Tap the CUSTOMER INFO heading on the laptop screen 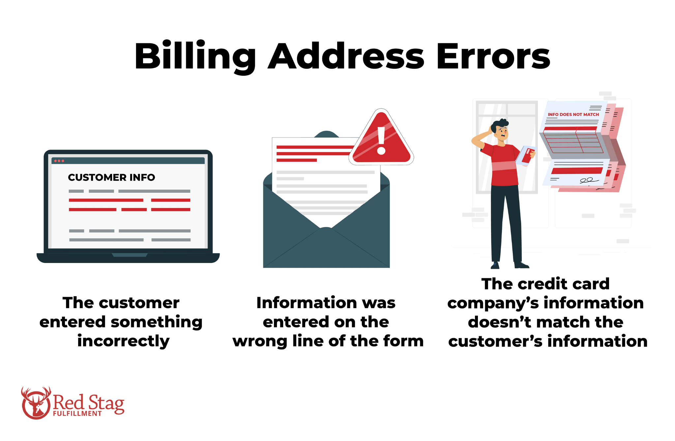pos(111,177)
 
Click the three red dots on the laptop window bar pos(59,161)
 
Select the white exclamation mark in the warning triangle pos(381,140)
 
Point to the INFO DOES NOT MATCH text pos(573,114)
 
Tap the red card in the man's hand pos(528,156)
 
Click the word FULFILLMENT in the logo pos(77,414)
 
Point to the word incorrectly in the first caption pos(123,341)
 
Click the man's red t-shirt pos(503,165)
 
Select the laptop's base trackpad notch pos(130,255)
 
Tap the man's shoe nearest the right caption pos(521,265)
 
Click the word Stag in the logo pos(106,403)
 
